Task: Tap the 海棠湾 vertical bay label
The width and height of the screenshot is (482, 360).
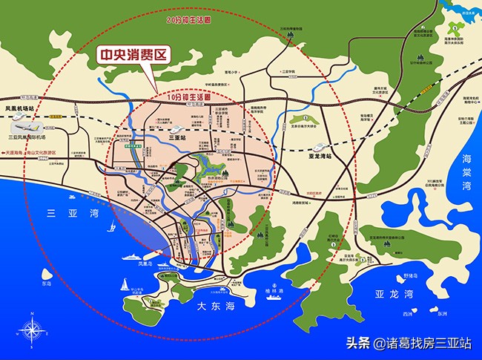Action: [466, 170]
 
